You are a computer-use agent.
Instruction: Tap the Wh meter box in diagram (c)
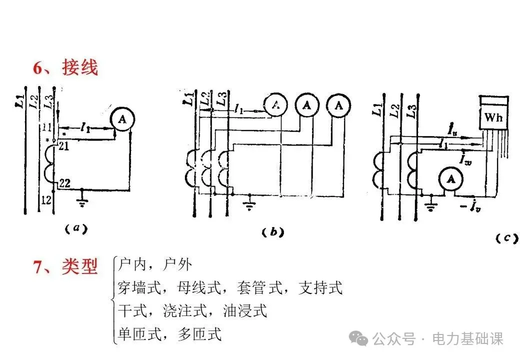pos(494,118)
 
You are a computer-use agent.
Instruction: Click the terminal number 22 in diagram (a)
pos(64,183)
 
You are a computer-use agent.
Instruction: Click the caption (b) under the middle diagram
pos(272,232)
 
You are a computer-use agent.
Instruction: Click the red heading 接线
pos(80,67)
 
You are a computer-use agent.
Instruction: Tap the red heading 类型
pos(80,266)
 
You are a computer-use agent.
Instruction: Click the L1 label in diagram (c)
pos(377,105)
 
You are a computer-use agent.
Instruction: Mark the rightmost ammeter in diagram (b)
pos(339,105)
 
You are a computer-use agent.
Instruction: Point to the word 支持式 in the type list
pos(320,288)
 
